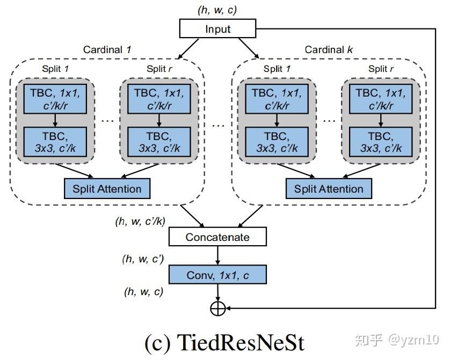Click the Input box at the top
(x=217, y=29)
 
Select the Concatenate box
(x=217, y=237)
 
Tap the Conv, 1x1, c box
(x=217, y=275)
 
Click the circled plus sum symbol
(x=217, y=308)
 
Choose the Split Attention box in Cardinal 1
(x=107, y=189)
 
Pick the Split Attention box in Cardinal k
(x=329, y=189)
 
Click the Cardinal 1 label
(x=107, y=50)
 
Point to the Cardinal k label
(x=329, y=50)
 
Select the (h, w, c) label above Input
(x=217, y=9)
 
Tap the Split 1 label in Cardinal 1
(x=56, y=69)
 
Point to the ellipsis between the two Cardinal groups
(x=218, y=125)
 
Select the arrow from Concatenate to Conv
(x=217, y=256)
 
